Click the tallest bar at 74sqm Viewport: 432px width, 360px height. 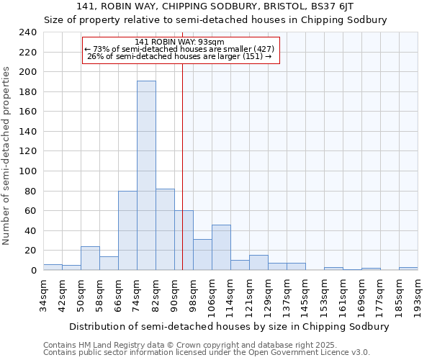click(x=146, y=176)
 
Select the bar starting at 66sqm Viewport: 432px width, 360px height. click(x=127, y=230)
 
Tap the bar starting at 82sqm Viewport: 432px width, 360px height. click(x=165, y=230)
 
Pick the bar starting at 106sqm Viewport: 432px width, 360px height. click(x=221, y=248)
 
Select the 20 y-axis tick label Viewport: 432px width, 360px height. click(x=30, y=251)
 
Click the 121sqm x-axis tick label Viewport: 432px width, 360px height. click(x=249, y=295)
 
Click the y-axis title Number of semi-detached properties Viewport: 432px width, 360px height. click(x=7, y=156)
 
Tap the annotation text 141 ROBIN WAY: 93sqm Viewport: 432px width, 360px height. click(x=179, y=42)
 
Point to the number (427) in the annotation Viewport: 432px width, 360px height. click(x=264, y=49)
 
